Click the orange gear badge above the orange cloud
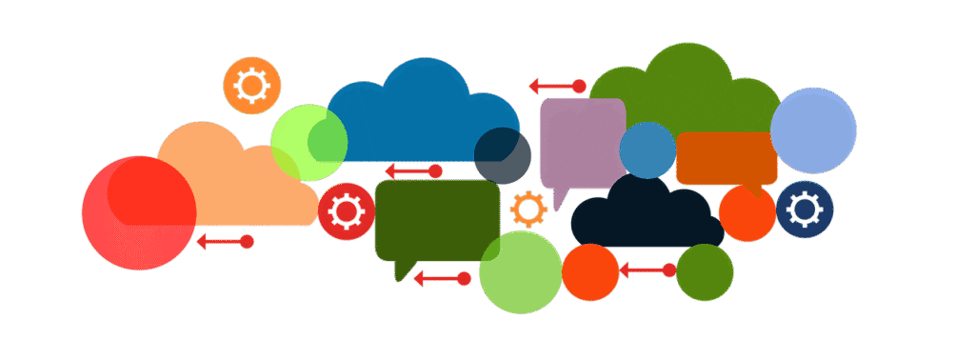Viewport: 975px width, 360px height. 251,86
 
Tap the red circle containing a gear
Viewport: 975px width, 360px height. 346,211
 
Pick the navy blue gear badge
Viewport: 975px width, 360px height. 805,209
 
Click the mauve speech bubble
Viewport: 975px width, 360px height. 582,143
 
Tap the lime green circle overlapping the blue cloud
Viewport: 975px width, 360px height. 308,143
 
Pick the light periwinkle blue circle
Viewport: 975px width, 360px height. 812,130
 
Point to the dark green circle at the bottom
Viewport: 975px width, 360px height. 705,271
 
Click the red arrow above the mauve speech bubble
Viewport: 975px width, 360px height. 558,87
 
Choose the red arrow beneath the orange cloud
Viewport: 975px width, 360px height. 225,242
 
